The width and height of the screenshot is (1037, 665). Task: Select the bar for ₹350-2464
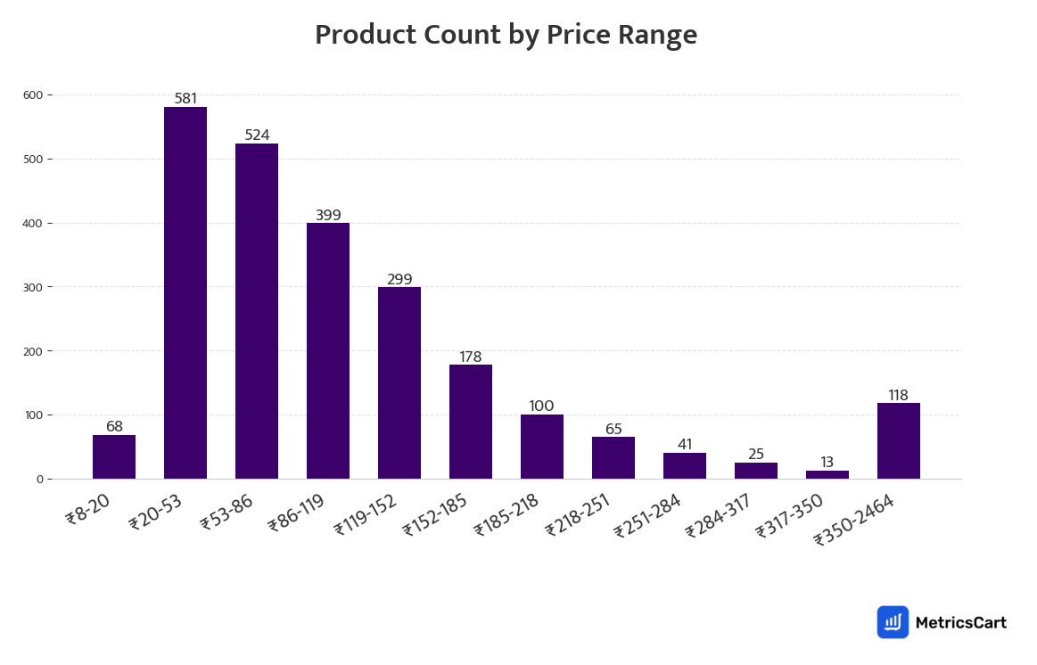pyautogui.click(x=899, y=440)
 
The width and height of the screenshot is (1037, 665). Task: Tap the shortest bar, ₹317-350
pyautogui.click(x=827, y=474)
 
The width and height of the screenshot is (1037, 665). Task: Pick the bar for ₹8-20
pyautogui.click(x=114, y=456)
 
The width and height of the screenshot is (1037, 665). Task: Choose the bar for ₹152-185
pyautogui.click(x=471, y=421)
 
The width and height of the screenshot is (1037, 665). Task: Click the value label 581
pyautogui.click(x=185, y=99)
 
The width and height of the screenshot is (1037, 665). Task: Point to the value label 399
pyautogui.click(x=328, y=216)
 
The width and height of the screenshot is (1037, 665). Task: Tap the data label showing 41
pyautogui.click(x=685, y=445)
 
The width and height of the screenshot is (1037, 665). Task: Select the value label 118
pyautogui.click(x=898, y=396)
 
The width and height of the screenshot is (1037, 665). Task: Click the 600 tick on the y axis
pyautogui.click(x=33, y=94)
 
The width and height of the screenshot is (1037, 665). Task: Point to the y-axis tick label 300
pyautogui.click(x=33, y=287)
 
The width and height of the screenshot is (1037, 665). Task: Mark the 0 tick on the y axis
pyautogui.click(x=39, y=480)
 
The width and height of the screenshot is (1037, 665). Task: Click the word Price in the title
pyautogui.click(x=577, y=35)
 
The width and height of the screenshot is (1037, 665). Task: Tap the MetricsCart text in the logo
pyautogui.click(x=960, y=622)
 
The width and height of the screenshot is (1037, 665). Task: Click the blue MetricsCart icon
pyautogui.click(x=893, y=622)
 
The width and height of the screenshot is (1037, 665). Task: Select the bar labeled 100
pyautogui.click(x=542, y=447)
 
